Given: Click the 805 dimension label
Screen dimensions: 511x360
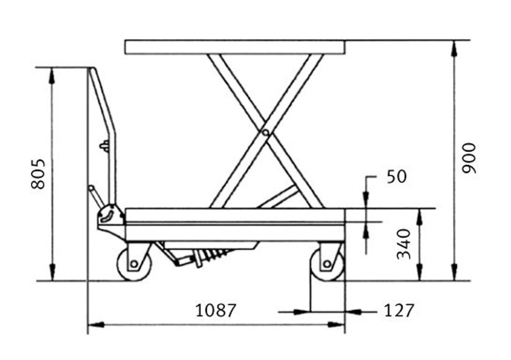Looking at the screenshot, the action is [38, 174].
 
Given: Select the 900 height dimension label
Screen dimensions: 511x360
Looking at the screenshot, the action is [469, 158].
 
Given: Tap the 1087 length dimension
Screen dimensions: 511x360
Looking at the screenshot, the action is [215, 310].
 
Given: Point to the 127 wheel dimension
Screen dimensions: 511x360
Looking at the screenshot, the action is [399, 310].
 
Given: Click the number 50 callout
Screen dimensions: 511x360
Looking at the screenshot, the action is [397, 177].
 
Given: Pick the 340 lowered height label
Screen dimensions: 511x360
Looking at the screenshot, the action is [404, 244].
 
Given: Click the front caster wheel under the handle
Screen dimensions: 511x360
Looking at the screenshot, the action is [134, 264].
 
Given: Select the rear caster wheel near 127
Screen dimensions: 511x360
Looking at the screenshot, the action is [327, 264].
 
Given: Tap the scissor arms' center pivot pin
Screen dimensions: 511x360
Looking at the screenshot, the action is [265, 133].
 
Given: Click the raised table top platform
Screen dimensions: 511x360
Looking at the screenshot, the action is [235, 47].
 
